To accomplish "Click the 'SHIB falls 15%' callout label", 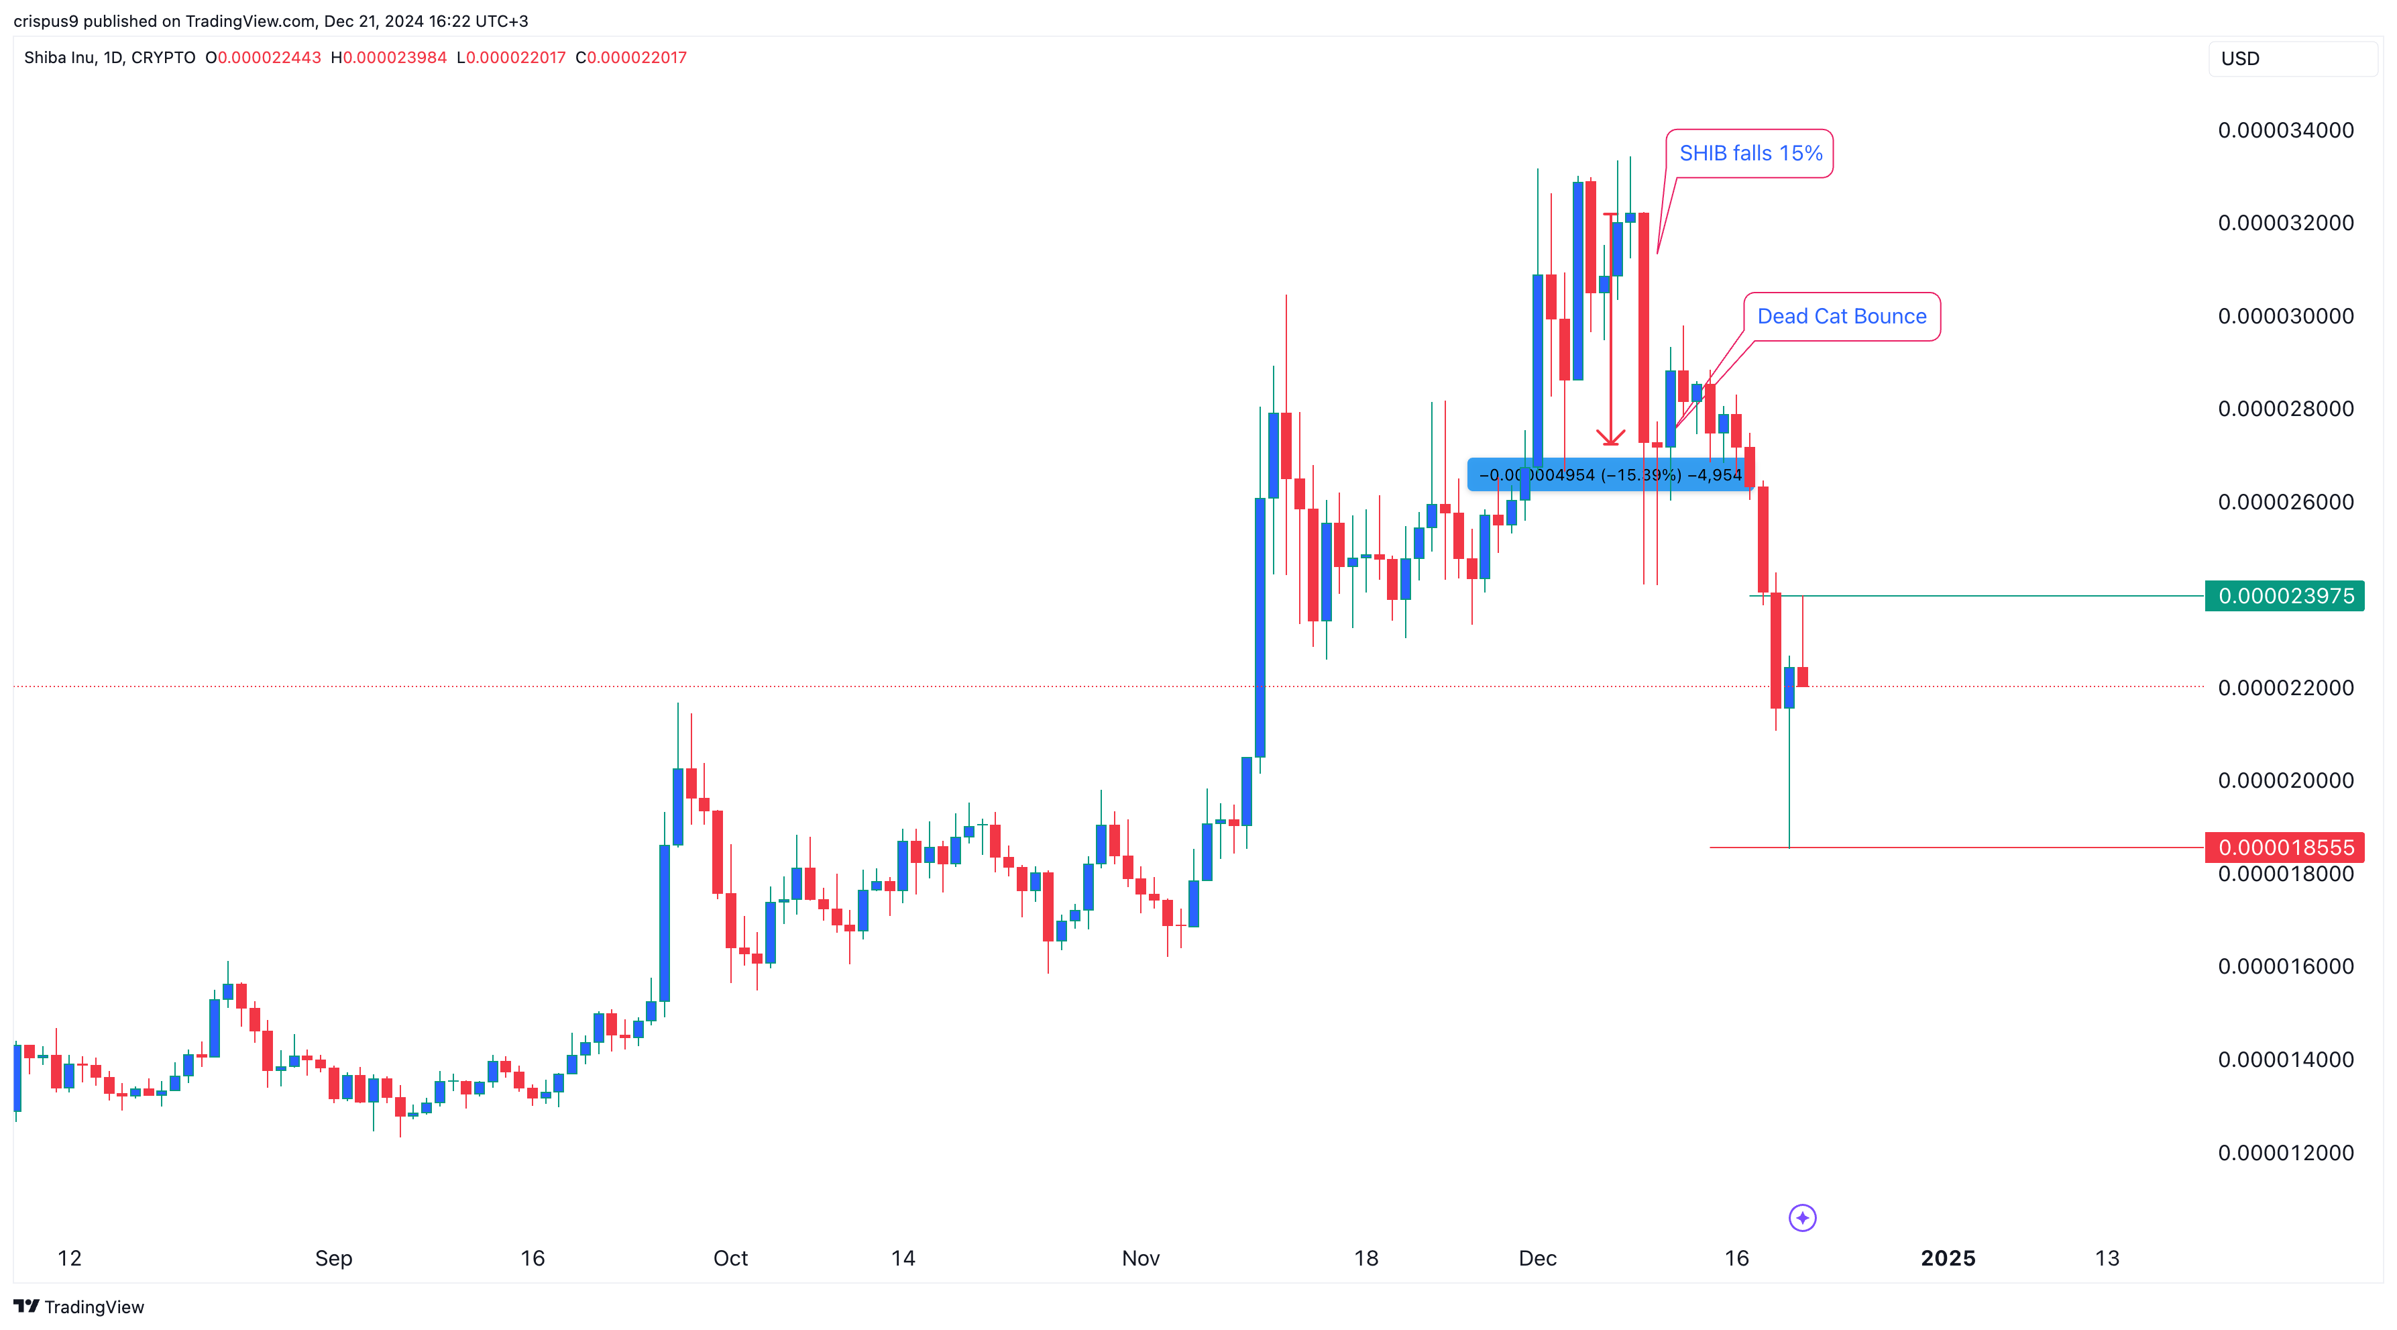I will [1749, 154].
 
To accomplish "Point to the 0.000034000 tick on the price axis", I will [2286, 130].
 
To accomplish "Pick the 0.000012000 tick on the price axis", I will [2286, 1152].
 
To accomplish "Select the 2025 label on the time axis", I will [1948, 1258].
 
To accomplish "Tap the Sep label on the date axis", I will [333, 1258].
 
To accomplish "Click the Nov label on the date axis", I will [1140, 1258].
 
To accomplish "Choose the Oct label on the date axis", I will [730, 1258].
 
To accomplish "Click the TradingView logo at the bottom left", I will [79, 1307].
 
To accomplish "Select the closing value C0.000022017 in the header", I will [631, 58].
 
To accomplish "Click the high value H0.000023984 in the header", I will [389, 58].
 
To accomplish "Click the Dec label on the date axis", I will [1537, 1258].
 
